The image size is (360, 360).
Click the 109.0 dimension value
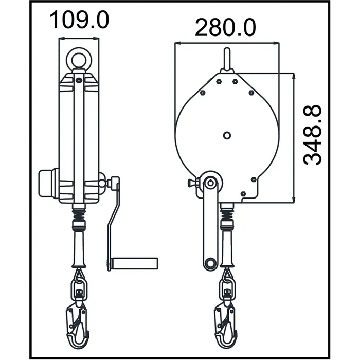[x=79, y=20]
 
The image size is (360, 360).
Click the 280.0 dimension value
[x=225, y=28]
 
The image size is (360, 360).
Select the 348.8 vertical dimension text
[x=312, y=135]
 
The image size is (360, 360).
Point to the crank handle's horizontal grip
[x=134, y=263]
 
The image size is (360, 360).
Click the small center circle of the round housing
[x=227, y=135]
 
